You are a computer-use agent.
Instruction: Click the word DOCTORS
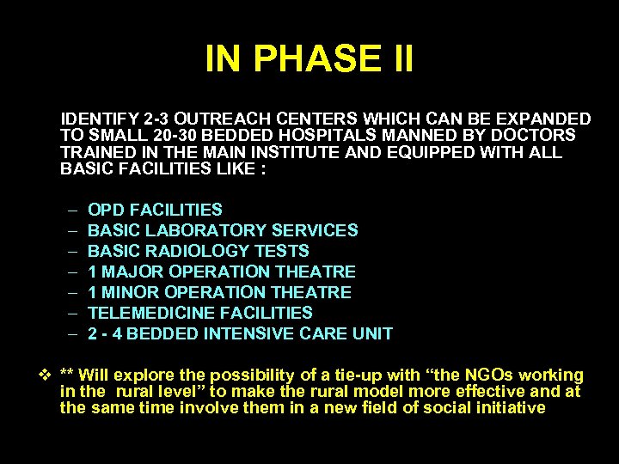(534, 136)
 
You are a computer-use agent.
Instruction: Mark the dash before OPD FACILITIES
(69, 210)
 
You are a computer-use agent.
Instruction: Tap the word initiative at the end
(507, 407)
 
